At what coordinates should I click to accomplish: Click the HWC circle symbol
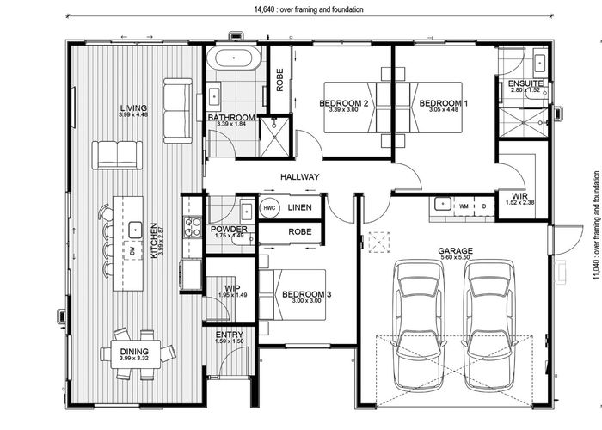269,208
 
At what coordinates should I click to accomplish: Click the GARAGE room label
456,251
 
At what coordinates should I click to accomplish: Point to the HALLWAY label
299,177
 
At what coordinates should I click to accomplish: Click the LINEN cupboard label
300,208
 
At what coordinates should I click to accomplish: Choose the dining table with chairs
138,352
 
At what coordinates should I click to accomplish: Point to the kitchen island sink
135,229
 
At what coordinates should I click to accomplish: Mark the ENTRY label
229,335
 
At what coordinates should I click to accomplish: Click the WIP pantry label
231,288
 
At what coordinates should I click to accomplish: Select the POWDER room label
229,229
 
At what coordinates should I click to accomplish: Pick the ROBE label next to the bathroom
279,79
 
